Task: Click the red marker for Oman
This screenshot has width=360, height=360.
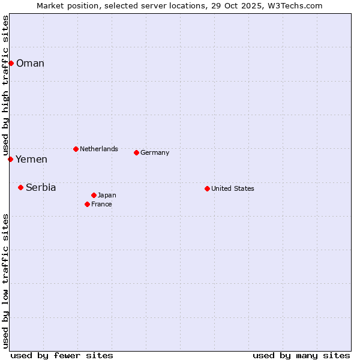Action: click(11, 63)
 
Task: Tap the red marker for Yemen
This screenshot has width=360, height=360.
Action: click(10, 159)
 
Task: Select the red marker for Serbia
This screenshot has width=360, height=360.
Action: click(20, 187)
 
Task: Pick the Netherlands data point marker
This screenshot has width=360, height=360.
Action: click(76, 149)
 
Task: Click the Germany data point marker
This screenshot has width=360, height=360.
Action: click(136, 152)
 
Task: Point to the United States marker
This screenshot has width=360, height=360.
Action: click(207, 188)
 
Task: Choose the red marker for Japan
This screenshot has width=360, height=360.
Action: click(94, 195)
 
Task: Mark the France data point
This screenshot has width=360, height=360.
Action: click(87, 204)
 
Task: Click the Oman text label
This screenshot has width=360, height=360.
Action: click(30, 64)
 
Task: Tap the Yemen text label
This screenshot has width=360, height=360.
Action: click(31, 160)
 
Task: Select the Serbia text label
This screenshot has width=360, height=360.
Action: click(41, 188)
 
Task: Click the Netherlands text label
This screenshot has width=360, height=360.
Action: click(99, 149)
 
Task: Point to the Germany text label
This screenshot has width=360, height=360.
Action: click(155, 152)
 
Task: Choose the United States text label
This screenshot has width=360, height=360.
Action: click(233, 188)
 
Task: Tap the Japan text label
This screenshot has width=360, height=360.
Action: click(107, 195)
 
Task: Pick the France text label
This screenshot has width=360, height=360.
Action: click(101, 204)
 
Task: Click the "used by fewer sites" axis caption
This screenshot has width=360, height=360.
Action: click(62, 355)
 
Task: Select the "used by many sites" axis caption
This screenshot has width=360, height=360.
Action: click(301, 355)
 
